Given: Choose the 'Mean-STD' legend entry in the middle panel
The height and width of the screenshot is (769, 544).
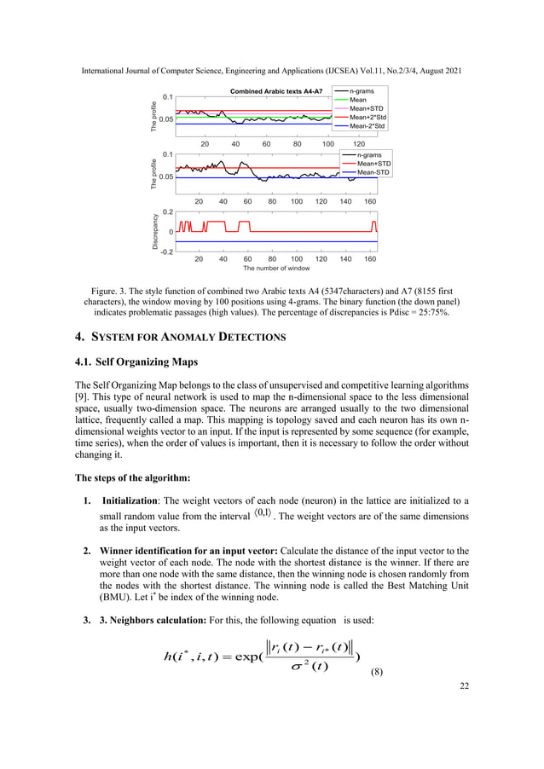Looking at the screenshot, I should point(373,172).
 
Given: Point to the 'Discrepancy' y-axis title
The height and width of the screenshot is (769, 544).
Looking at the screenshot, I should point(156,231).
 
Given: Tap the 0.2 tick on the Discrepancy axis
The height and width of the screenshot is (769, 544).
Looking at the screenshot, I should point(168,211).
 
